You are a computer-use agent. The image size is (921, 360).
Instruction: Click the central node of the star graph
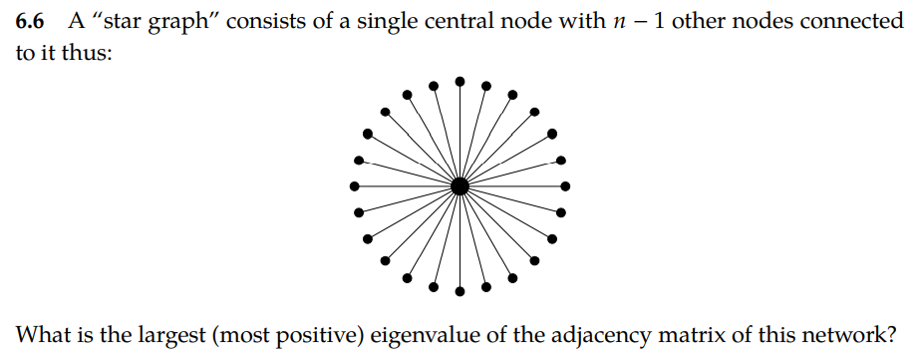(x=460, y=185)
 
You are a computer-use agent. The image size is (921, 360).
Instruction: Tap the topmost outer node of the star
(x=460, y=80)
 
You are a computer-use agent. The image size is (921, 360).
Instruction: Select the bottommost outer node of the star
(x=460, y=291)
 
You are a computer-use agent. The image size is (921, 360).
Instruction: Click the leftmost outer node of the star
(x=354, y=185)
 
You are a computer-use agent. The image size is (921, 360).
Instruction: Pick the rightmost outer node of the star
(x=566, y=185)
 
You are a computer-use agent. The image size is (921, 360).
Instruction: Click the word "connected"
(x=854, y=22)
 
